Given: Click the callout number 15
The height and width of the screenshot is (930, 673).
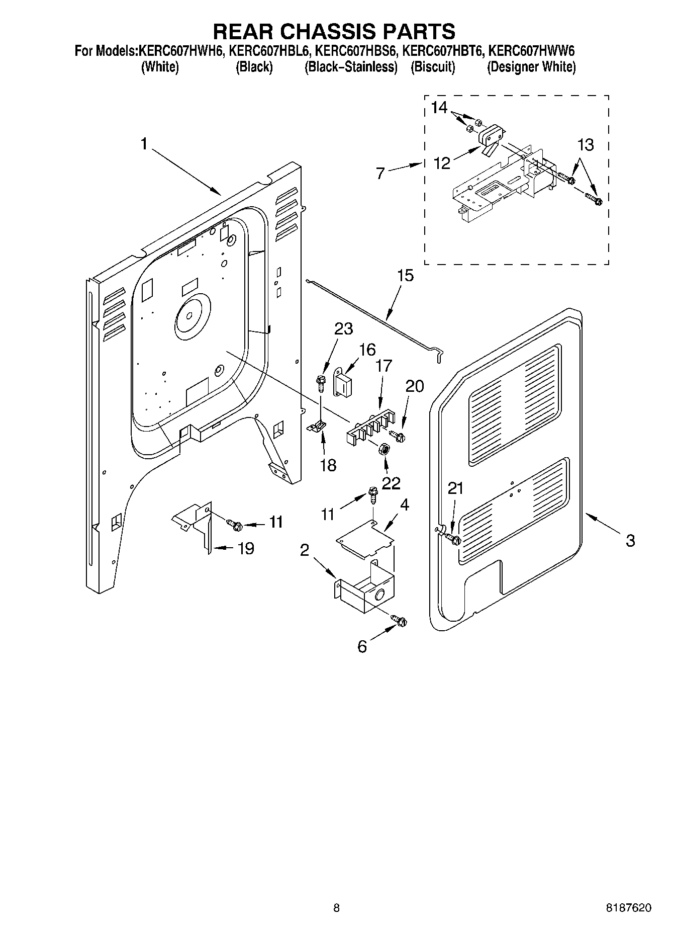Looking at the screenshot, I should point(405,276).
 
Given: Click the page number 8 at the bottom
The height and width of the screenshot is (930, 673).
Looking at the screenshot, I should point(336,908).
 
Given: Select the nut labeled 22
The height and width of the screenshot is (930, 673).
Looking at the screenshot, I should point(384,449).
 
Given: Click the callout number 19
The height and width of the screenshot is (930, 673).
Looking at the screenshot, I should point(245,548).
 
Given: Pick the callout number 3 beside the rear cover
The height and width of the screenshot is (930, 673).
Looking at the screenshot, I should point(630,541).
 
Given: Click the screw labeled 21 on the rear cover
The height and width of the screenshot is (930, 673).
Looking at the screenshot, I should point(454,540).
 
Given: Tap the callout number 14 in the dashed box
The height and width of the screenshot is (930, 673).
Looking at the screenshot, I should point(439,108).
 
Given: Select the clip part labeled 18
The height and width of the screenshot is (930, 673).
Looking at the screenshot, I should point(316,427).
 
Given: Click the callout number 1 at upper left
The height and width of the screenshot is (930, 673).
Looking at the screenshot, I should point(144,144).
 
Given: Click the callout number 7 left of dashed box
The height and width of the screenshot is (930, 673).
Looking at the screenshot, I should point(380,174).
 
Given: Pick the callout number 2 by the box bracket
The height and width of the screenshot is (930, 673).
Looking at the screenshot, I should point(305,551).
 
